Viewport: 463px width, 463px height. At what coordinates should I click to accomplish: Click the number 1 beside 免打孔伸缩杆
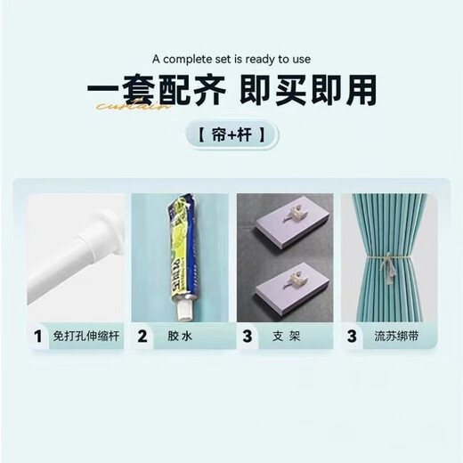click(37, 337)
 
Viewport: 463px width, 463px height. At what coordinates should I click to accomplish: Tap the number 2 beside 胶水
click(142, 337)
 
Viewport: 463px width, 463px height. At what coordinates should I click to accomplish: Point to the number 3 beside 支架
click(248, 337)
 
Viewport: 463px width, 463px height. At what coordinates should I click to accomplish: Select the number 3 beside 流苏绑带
click(353, 337)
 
